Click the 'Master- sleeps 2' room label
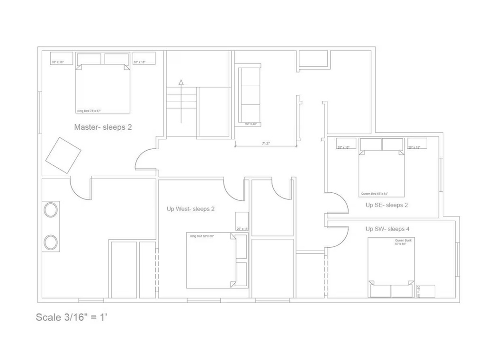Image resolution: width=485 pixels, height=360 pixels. click(x=103, y=127)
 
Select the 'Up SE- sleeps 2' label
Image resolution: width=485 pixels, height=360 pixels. click(x=386, y=205)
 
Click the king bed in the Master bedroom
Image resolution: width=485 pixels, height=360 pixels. click(x=103, y=89)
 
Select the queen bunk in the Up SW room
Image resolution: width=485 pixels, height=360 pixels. click(x=391, y=268)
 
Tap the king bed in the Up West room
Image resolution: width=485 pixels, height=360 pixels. click(x=211, y=261)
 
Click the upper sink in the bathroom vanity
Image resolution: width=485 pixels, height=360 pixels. click(x=51, y=209)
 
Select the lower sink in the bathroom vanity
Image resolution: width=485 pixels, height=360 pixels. click(x=51, y=242)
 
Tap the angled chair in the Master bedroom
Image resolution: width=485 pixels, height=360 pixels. click(x=63, y=155)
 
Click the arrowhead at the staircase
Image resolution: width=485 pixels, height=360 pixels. click(x=181, y=83)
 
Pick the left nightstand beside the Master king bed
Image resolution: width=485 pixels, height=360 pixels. click(x=62, y=58)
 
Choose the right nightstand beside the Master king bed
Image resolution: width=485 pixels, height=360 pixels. click(x=144, y=58)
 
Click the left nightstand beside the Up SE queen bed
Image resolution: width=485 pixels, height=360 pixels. click(x=346, y=144)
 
